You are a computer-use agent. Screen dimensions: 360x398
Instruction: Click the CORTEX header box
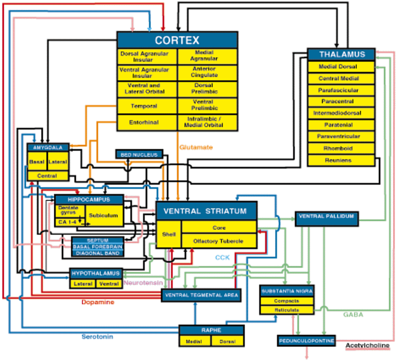click(x=177, y=40)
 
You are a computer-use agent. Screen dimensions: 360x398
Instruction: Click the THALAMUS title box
click(x=342, y=54)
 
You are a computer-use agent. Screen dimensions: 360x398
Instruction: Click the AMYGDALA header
click(x=48, y=147)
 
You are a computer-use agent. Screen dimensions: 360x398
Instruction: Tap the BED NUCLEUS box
click(x=139, y=155)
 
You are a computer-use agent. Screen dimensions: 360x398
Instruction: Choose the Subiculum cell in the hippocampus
click(x=103, y=216)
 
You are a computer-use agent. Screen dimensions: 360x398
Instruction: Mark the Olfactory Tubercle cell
click(x=218, y=241)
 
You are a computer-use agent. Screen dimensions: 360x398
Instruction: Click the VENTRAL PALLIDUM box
click(x=326, y=216)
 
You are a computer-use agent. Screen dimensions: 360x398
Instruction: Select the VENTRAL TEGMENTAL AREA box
click(x=201, y=295)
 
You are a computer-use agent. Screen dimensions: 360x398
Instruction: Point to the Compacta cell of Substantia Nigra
click(x=287, y=301)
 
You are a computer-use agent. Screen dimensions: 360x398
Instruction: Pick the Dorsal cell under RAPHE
click(x=227, y=341)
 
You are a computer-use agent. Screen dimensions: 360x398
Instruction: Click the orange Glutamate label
click(x=196, y=147)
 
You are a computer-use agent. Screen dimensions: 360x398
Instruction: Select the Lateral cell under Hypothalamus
click(x=83, y=284)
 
